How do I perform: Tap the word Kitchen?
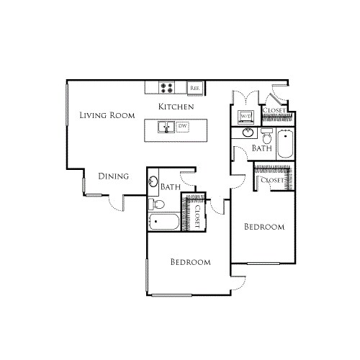tap(176, 107)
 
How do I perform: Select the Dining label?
tap(113, 176)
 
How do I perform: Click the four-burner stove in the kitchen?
tap(167, 87)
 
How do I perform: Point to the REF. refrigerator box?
tap(194, 88)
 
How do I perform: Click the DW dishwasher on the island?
tap(182, 127)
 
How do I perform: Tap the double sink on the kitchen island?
tap(166, 127)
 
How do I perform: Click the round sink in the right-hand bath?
tap(248, 133)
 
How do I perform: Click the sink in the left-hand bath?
tap(153, 181)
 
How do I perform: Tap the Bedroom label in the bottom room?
tap(190, 262)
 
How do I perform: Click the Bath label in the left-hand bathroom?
tap(171, 186)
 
